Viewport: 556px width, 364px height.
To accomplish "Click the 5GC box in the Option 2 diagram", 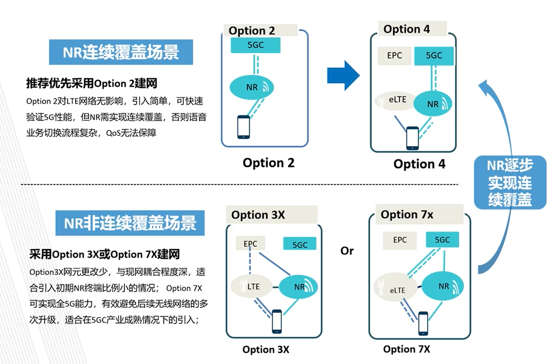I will point(255,45).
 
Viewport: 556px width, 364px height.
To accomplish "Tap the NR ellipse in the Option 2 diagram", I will point(252,87).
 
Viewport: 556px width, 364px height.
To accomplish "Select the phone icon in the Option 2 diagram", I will point(244,127).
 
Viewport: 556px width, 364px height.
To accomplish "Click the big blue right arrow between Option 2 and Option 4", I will point(343,75).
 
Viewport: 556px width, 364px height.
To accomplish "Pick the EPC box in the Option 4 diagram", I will point(394,56).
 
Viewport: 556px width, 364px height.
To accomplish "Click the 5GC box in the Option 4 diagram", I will point(434,56).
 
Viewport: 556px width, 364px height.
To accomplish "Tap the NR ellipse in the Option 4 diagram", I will point(433,104).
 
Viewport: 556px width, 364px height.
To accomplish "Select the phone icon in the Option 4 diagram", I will point(412,138).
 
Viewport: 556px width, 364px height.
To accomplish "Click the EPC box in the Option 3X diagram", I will point(250,243).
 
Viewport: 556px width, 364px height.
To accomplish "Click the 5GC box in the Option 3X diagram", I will point(300,244).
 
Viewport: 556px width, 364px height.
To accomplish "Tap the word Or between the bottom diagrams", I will point(347,251).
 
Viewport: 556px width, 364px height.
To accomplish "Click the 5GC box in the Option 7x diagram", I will point(442,240).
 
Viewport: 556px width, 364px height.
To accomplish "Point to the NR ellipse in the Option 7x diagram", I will point(443,286).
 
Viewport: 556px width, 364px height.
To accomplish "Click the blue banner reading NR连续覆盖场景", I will point(121,52).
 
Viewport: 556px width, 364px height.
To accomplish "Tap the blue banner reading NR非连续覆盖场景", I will point(130,223).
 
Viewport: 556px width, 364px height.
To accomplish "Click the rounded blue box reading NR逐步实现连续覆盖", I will point(510,183).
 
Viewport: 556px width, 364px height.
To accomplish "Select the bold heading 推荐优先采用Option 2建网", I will point(92,83).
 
